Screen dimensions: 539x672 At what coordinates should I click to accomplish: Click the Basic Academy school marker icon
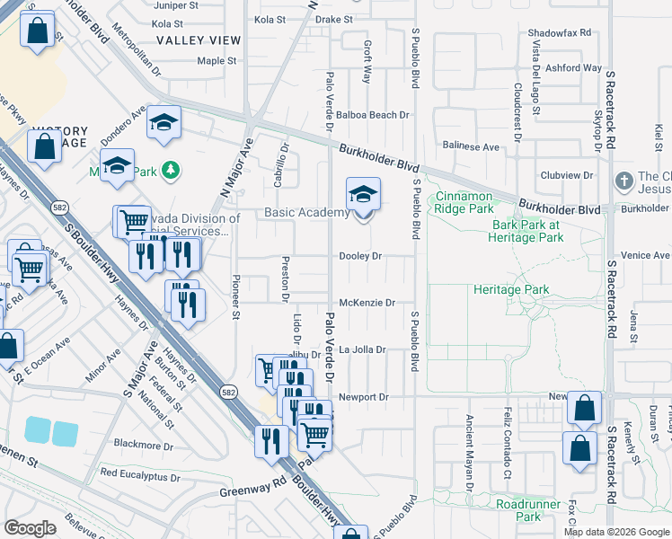click(x=363, y=195)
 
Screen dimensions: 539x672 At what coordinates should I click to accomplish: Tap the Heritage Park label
click(x=511, y=290)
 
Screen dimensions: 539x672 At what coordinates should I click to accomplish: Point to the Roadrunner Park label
click(x=530, y=509)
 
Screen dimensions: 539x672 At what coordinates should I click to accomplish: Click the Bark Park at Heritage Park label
click(x=526, y=231)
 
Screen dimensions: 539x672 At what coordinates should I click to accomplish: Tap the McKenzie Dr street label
click(x=367, y=303)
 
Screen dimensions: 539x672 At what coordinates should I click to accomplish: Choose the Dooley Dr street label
click(x=360, y=256)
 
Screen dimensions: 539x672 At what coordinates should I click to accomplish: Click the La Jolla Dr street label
click(x=362, y=349)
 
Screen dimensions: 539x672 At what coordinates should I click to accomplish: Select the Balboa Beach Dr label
click(x=378, y=115)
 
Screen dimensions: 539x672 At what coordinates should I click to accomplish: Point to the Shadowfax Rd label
click(x=560, y=32)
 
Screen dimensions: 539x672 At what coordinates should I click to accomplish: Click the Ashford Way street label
click(x=572, y=67)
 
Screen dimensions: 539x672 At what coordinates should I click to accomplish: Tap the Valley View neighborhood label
click(x=199, y=40)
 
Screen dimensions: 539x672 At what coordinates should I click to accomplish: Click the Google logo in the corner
click(x=30, y=528)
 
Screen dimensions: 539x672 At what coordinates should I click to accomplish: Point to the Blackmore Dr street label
click(x=144, y=445)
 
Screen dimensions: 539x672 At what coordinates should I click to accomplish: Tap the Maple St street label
click(x=217, y=61)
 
